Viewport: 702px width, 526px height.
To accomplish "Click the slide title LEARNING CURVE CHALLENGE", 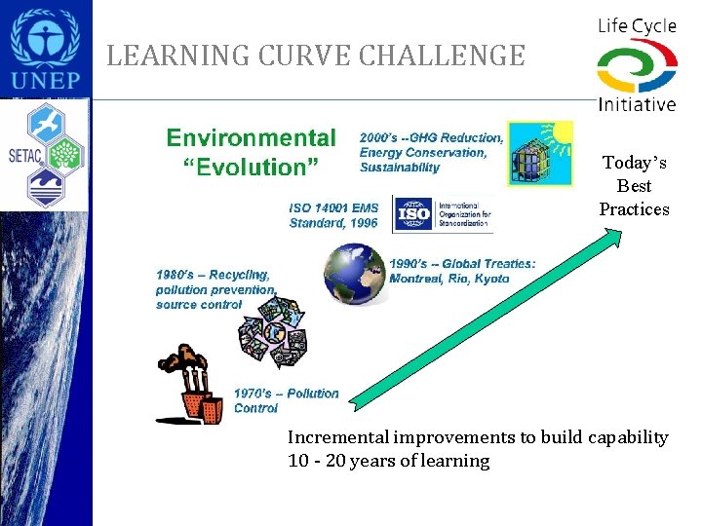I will (315, 56).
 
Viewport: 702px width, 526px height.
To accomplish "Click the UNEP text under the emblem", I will (46, 82).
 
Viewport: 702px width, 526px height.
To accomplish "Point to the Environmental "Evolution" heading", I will (252, 153).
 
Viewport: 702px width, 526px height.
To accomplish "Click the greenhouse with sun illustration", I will (541, 154).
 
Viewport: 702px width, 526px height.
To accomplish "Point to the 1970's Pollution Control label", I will (286, 400).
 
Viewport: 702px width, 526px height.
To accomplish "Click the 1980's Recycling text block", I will (215, 289).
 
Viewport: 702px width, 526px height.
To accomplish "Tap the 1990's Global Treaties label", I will (462, 271).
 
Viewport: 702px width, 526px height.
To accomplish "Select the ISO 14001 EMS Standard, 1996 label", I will (333, 215).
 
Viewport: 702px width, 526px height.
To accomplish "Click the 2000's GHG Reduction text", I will (431, 152).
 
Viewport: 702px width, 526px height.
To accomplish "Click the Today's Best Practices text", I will (634, 186).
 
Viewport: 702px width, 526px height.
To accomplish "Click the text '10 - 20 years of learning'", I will (388, 461).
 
